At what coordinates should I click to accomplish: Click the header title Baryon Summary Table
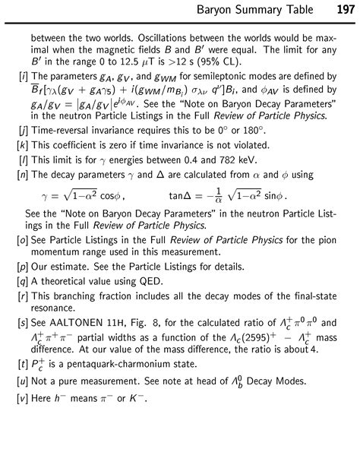pyautogui.click(x=261, y=11)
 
